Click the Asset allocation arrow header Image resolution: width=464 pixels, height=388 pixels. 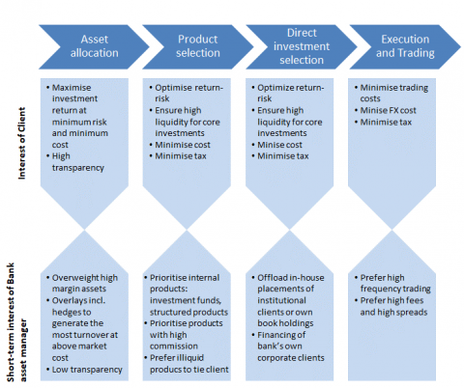point(94,47)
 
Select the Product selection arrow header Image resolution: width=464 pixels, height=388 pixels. point(198,47)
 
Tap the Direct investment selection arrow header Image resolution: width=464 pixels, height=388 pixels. point(302,47)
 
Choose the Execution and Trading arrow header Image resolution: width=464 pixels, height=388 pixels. point(405,47)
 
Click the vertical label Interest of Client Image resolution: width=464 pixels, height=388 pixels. point(21,143)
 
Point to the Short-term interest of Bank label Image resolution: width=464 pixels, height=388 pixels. point(11,322)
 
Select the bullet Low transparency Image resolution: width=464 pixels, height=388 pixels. point(84,370)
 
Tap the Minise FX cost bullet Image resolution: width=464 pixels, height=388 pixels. point(386,110)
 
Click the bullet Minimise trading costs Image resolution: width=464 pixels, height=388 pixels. point(391,93)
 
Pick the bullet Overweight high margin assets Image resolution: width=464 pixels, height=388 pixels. point(82,283)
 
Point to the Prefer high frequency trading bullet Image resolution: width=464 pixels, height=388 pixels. point(392,283)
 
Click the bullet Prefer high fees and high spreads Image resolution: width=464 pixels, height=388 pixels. point(391,306)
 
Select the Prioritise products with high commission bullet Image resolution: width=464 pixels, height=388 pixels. point(184,335)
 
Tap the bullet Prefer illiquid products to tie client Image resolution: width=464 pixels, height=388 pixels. point(187,364)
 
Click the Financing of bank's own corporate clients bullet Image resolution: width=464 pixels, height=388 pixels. point(288,346)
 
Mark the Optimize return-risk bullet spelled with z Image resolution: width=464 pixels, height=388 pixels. point(288,93)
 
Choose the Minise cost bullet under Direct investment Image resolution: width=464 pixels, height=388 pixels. point(276,145)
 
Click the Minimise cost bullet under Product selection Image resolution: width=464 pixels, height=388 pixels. point(180,145)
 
